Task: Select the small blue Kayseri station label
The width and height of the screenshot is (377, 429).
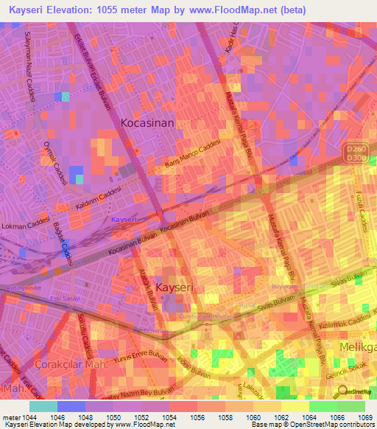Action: [124, 220]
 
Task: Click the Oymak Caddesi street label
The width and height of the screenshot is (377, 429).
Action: [54, 162]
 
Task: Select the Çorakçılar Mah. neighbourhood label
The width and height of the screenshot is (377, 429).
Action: [71, 365]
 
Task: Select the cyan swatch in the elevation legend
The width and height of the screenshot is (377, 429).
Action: [43, 405]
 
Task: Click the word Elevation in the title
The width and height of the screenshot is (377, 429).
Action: [71, 10]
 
